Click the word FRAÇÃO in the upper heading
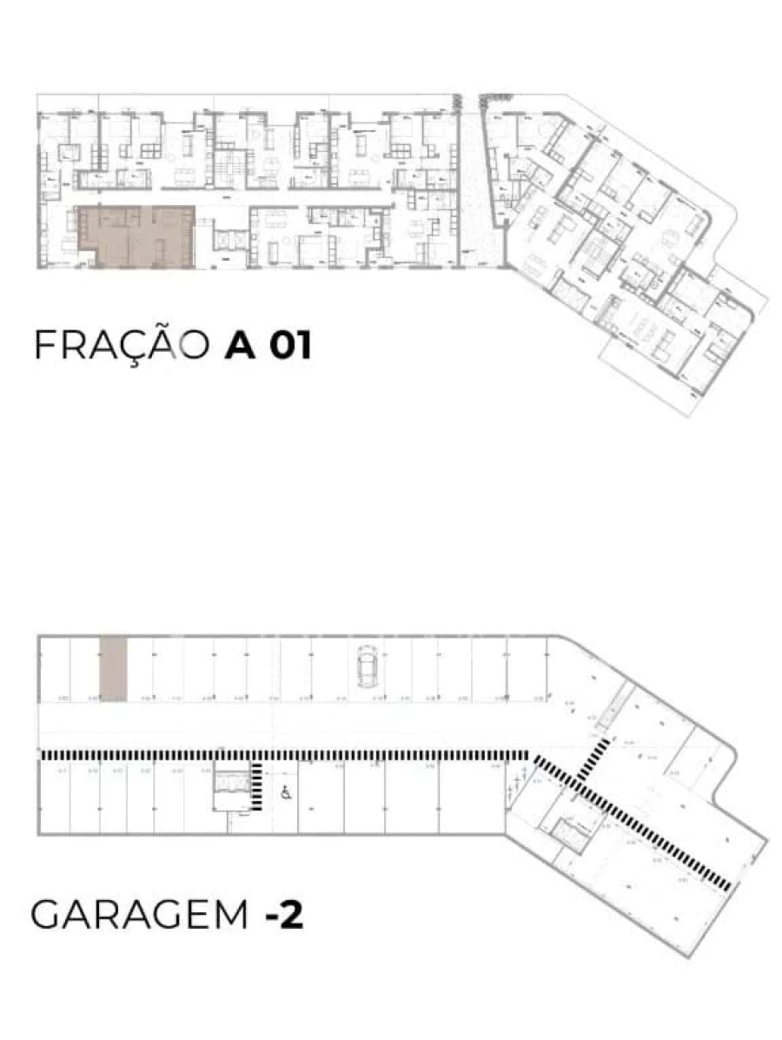pos(121,345)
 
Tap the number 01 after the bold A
pos(289,345)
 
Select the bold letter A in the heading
pos(240,345)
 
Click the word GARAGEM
pos(140,915)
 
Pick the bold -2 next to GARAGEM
pos(284,915)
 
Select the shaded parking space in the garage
pos(113,666)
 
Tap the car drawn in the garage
pos(367,666)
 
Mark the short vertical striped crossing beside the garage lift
pos(257,785)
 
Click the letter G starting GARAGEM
pos(46,915)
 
